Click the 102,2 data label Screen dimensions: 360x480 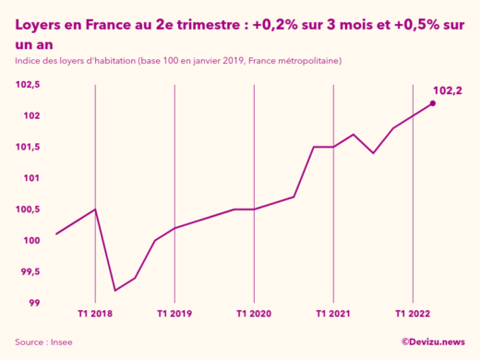(x=447, y=90)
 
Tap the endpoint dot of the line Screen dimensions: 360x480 (x=433, y=103)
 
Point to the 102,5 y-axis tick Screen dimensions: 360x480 (x=29, y=85)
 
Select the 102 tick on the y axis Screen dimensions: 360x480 (x=32, y=115)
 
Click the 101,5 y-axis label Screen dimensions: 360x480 (x=29, y=147)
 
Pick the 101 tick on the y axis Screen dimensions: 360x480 (x=32, y=178)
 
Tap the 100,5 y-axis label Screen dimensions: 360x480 (x=29, y=210)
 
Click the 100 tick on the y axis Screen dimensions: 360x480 (x=32, y=241)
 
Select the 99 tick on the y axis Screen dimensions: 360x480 (x=34, y=303)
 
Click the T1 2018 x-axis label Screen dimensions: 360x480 (x=96, y=314)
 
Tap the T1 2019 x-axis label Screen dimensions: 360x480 (x=174, y=314)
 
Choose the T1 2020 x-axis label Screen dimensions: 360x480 (x=254, y=314)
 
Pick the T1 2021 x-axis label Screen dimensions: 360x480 (x=333, y=314)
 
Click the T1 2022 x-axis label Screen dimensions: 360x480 (x=413, y=314)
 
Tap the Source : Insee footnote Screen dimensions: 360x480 (x=43, y=342)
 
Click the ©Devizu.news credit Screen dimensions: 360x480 (x=433, y=342)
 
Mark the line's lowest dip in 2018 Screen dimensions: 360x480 (x=115, y=291)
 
